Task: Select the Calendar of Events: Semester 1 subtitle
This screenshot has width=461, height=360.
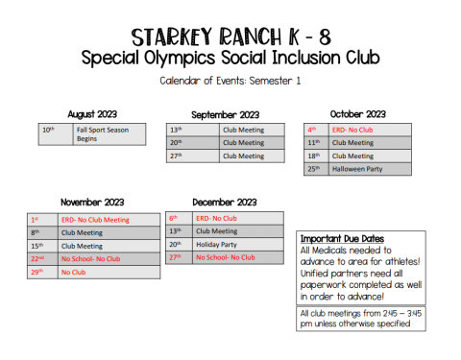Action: pyautogui.click(x=230, y=81)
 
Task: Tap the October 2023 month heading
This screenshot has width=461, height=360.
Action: pyautogui.click(x=357, y=114)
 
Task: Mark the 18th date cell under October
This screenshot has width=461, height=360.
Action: pyautogui.click(x=313, y=156)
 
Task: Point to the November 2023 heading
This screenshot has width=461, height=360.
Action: pyautogui.click(x=93, y=203)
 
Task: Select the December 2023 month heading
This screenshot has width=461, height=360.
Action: pyautogui.click(x=225, y=203)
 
